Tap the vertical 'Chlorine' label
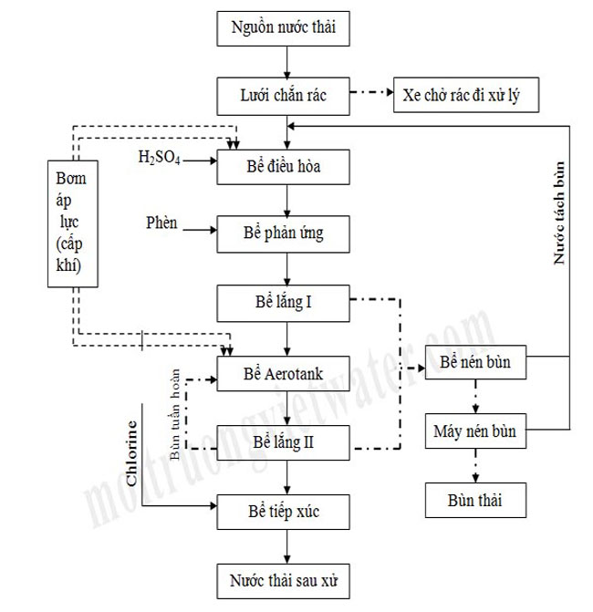click(x=133, y=452)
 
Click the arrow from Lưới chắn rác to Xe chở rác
click(x=372, y=94)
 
